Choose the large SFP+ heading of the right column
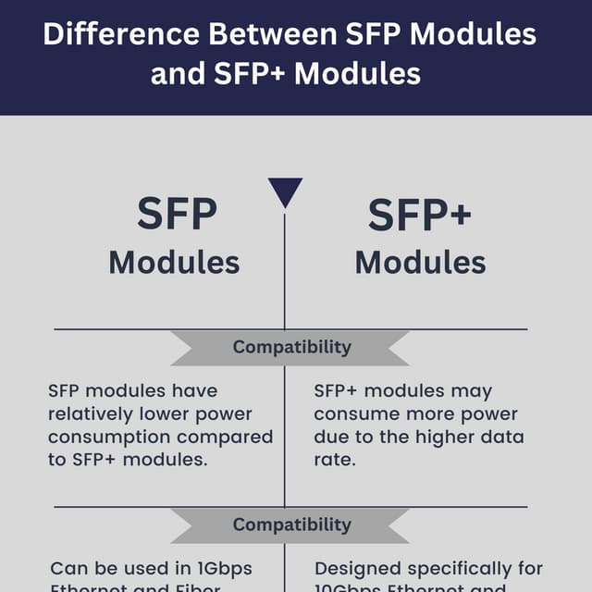point(420,216)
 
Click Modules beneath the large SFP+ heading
point(420,262)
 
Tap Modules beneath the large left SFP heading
point(174,262)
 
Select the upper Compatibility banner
point(291,347)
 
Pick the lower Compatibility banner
point(291,524)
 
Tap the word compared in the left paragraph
point(228,436)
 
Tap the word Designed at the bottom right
point(355,568)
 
